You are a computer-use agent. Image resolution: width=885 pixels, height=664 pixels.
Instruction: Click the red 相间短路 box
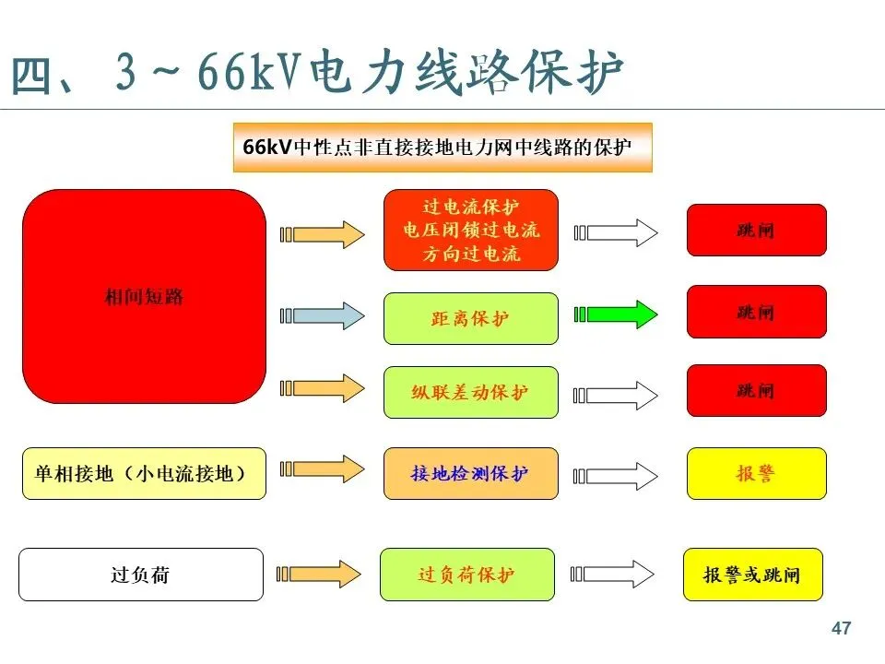pyautogui.click(x=144, y=297)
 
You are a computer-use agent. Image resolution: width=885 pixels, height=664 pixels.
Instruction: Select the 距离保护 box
pyautogui.click(x=470, y=318)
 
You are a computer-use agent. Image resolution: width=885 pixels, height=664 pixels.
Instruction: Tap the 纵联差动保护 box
pyautogui.click(x=470, y=392)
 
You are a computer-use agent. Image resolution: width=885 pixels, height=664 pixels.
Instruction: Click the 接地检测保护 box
pyautogui.click(x=470, y=473)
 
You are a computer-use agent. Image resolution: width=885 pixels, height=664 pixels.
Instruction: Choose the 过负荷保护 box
pyautogui.click(x=466, y=575)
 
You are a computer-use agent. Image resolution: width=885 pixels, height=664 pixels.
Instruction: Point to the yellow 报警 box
pyautogui.click(x=756, y=473)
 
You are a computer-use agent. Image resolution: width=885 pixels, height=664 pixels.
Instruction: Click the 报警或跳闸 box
pyautogui.click(x=752, y=575)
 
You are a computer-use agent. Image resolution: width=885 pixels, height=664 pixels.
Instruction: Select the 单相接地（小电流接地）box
pyautogui.click(x=143, y=473)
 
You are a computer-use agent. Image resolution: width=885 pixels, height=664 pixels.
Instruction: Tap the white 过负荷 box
pyautogui.click(x=140, y=575)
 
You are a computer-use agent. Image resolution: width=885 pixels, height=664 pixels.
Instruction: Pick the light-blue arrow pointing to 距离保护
pyautogui.click(x=323, y=314)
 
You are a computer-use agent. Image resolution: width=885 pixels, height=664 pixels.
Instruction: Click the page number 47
pyautogui.click(x=841, y=629)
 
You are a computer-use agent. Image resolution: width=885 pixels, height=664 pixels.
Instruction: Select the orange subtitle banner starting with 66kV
pyautogui.click(x=442, y=148)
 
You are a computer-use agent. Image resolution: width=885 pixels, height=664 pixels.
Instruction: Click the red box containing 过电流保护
pyautogui.click(x=470, y=230)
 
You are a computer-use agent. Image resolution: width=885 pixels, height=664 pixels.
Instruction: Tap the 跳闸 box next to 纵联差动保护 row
pyautogui.click(x=756, y=391)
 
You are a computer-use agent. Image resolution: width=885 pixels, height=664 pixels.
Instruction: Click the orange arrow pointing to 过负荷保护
pyautogui.click(x=323, y=574)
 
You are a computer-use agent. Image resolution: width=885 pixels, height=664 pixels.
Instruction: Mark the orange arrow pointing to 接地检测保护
pyautogui.click(x=323, y=470)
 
